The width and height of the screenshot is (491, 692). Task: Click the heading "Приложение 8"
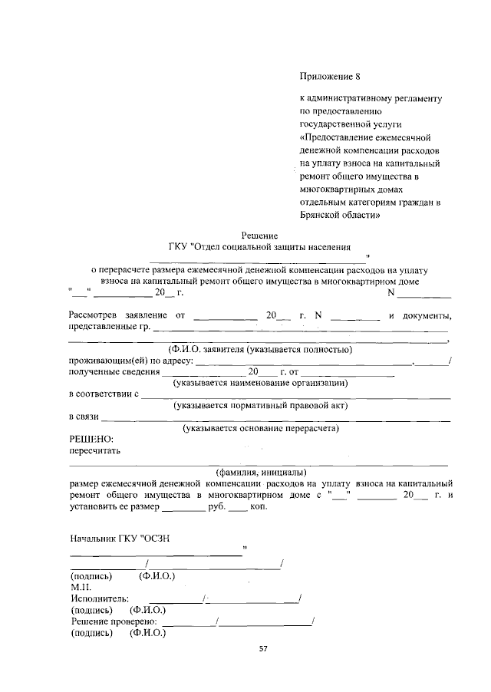[328, 77]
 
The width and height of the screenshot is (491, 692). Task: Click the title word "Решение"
[259, 236]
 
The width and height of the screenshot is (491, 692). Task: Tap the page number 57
[262, 648]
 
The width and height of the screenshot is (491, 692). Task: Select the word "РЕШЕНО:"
[91, 439]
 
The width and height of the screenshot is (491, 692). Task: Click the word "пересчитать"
[94, 450]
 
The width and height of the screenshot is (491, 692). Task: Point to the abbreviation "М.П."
[81, 585]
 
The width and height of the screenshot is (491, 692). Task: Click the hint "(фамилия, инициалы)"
[261, 472]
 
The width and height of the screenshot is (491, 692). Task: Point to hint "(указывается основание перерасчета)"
[261, 428]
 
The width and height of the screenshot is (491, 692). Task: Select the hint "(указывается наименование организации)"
[261, 382]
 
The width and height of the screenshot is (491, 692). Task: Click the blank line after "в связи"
[276, 420]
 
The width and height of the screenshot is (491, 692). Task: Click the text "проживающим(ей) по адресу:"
[131, 361]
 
